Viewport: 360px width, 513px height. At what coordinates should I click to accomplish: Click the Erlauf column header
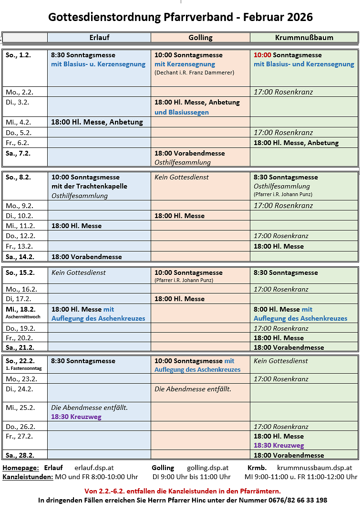(99, 38)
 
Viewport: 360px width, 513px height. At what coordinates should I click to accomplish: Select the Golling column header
(200, 38)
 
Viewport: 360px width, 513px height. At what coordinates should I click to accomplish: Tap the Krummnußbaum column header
(304, 38)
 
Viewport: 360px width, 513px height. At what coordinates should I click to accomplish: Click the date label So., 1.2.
(18, 55)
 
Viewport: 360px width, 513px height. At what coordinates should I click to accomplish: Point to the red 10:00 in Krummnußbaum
(262, 55)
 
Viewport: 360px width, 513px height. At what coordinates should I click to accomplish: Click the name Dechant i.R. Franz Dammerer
(194, 73)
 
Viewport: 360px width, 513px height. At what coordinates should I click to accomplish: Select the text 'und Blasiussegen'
(182, 113)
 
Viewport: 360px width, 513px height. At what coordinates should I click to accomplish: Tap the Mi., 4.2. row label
(19, 122)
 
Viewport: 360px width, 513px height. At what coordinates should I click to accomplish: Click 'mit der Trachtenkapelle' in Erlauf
(89, 186)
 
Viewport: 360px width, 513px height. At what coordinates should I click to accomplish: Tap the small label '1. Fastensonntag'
(23, 368)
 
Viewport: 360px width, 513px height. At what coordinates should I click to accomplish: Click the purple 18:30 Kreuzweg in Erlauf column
(76, 417)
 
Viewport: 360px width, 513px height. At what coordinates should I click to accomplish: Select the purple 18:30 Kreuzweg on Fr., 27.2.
(278, 445)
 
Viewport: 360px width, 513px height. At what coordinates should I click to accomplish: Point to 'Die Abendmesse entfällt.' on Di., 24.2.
(193, 389)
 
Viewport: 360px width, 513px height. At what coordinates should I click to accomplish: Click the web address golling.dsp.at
(208, 468)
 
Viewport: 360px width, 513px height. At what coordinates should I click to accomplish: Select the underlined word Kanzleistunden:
(28, 477)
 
